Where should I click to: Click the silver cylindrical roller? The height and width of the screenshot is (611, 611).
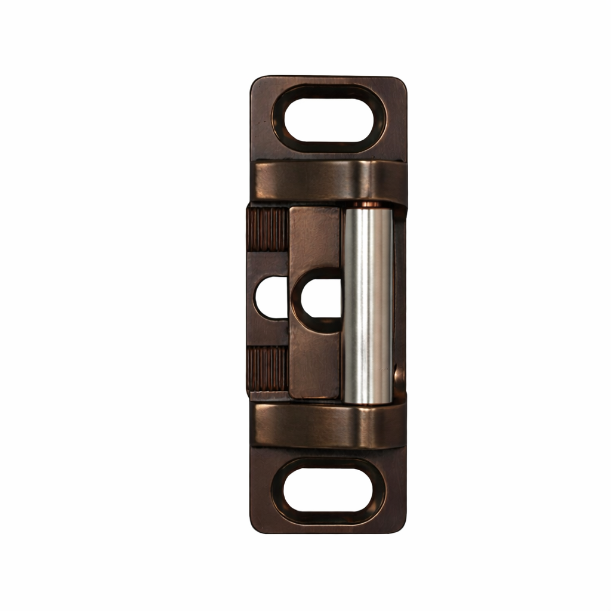[x=368, y=304]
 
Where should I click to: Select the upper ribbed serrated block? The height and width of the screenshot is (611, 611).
[x=268, y=230]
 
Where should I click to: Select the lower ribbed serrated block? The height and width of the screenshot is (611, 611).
[x=268, y=369]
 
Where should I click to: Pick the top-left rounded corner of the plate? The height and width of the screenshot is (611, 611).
[x=257, y=84]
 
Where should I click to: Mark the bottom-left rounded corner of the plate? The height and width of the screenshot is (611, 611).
[x=257, y=525]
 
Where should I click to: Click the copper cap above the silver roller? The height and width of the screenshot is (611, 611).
[x=368, y=205]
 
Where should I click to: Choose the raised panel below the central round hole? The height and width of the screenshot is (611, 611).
[x=315, y=364]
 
